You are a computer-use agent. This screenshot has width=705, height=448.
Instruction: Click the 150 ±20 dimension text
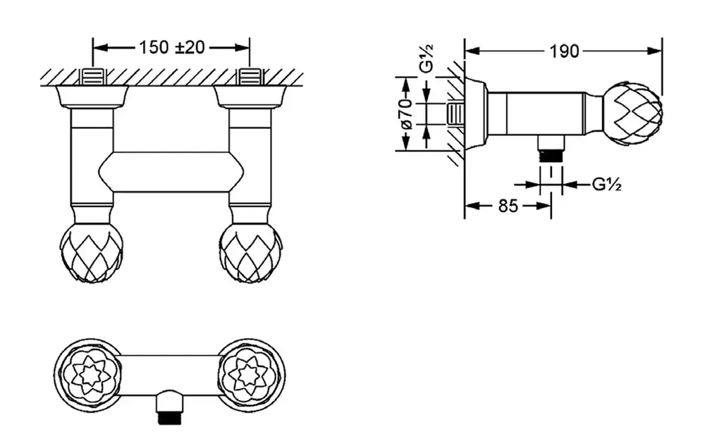tap(171, 47)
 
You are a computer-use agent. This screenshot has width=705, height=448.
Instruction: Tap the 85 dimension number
tap(508, 206)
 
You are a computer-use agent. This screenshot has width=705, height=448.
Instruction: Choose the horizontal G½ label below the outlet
tap(606, 185)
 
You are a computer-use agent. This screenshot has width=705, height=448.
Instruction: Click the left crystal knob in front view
tap(92, 252)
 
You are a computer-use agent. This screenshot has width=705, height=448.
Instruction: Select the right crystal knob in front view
tap(250, 252)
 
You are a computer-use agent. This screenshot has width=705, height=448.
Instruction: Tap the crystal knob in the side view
tap(634, 113)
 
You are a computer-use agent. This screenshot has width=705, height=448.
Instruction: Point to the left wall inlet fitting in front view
tap(92, 76)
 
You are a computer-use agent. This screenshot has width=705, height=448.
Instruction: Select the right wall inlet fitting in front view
tap(250, 76)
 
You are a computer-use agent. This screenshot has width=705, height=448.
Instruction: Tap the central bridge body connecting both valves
tap(171, 171)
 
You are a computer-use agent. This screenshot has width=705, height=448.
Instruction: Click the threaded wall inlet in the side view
tap(456, 114)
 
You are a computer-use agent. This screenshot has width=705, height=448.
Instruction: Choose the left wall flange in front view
tap(92, 97)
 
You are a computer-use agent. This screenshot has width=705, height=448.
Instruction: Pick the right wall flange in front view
tap(250, 97)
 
